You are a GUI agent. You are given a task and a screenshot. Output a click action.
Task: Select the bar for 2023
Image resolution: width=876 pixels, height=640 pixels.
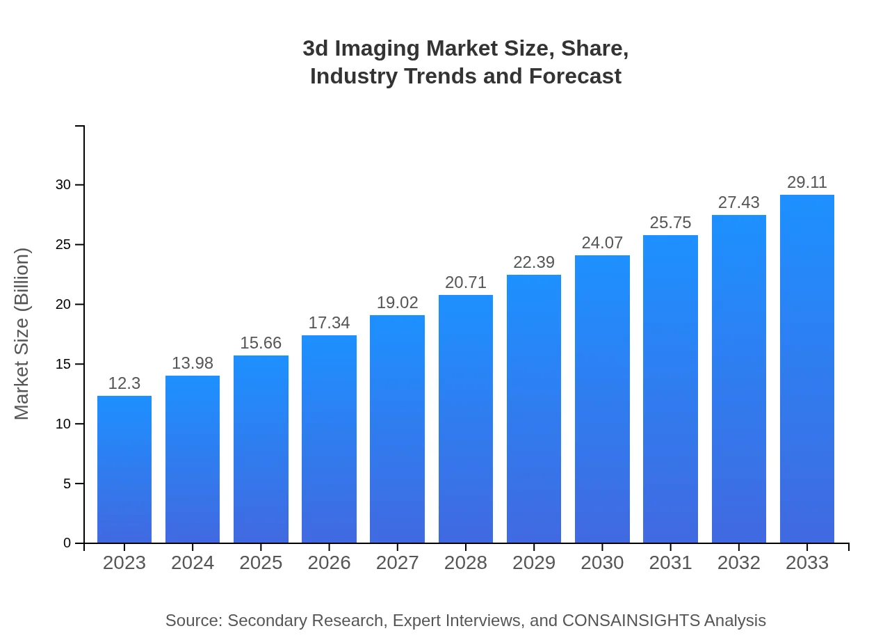(124, 470)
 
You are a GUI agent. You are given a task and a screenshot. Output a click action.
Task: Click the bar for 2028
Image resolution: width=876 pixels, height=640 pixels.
(466, 419)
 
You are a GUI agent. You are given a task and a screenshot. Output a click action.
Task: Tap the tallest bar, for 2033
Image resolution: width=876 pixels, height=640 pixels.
(807, 369)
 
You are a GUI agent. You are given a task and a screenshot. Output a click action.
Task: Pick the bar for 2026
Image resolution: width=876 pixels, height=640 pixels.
(329, 439)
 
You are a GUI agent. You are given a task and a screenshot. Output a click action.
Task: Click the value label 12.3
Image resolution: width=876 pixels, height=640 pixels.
(124, 383)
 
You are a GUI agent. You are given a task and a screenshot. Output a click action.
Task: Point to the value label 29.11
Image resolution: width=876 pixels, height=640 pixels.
(807, 182)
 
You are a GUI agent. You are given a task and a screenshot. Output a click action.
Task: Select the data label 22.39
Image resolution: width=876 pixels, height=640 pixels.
(534, 262)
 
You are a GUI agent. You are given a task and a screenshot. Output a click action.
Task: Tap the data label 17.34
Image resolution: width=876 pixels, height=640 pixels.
(329, 323)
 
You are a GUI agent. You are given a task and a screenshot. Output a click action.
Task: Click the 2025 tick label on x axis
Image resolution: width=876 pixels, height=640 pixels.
(261, 563)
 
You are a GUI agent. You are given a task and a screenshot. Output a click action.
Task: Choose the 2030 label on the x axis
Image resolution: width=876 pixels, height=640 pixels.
(602, 563)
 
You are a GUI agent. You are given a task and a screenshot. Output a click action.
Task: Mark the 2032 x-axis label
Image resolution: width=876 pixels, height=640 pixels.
(739, 563)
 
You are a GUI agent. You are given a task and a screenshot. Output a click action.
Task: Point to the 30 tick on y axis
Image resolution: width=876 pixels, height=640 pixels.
(63, 185)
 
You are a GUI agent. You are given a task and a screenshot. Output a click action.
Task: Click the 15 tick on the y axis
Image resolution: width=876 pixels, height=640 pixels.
(63, 365)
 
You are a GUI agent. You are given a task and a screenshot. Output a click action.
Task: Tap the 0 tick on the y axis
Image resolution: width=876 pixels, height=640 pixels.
(67, 543)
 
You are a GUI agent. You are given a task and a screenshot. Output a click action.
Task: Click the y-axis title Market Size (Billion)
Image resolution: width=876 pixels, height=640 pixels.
(22, 334)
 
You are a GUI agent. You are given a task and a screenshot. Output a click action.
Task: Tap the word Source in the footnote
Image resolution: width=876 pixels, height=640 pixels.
(193, 621)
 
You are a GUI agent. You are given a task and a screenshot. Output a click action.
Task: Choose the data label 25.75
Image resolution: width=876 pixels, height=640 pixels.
(670, 223)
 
